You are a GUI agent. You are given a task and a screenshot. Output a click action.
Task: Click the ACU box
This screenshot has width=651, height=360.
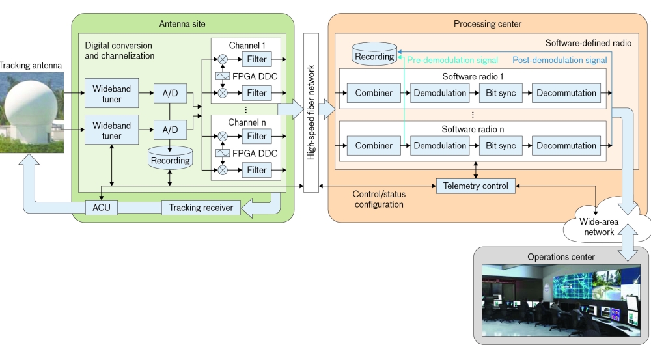pyautogui.click(x=101, y=207)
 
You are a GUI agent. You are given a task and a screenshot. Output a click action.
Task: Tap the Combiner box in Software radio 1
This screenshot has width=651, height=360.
pyautogui.click(x=374, y=93)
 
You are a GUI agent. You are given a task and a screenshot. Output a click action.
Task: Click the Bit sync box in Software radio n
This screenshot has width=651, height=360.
pyautogui.click(x=500, y=145)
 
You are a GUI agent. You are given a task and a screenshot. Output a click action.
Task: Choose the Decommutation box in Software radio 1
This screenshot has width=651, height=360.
pyautogui.click(x=566, y=93)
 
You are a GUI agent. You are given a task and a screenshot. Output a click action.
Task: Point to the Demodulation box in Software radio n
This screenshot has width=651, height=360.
pyautogui.click(x=439, y=145)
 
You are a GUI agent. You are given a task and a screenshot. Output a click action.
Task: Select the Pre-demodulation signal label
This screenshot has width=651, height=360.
pyautogui.click(x=452, y=61)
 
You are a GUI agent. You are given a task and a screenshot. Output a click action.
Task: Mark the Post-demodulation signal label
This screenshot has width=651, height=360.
pyautogui.click(x=559, y=61)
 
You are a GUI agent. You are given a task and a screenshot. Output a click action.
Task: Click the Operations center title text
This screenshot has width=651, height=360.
pyautogui.click(x=561, y=257)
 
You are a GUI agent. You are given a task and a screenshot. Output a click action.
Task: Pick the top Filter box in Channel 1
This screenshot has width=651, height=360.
pyautogui.click(x=257, y=60)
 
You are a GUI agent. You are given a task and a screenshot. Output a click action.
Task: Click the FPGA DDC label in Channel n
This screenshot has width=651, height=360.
pyautogui.click(x=255, y=153)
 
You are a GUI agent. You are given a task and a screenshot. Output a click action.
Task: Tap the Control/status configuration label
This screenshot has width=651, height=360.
pyautogui.click(x=378, y=199)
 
